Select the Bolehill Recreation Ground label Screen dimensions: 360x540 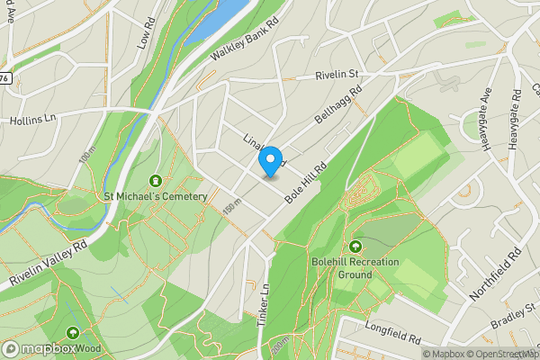355,267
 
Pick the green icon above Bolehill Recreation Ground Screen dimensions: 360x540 355,245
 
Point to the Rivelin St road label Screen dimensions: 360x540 337,76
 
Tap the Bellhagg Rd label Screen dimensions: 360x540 337,105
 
